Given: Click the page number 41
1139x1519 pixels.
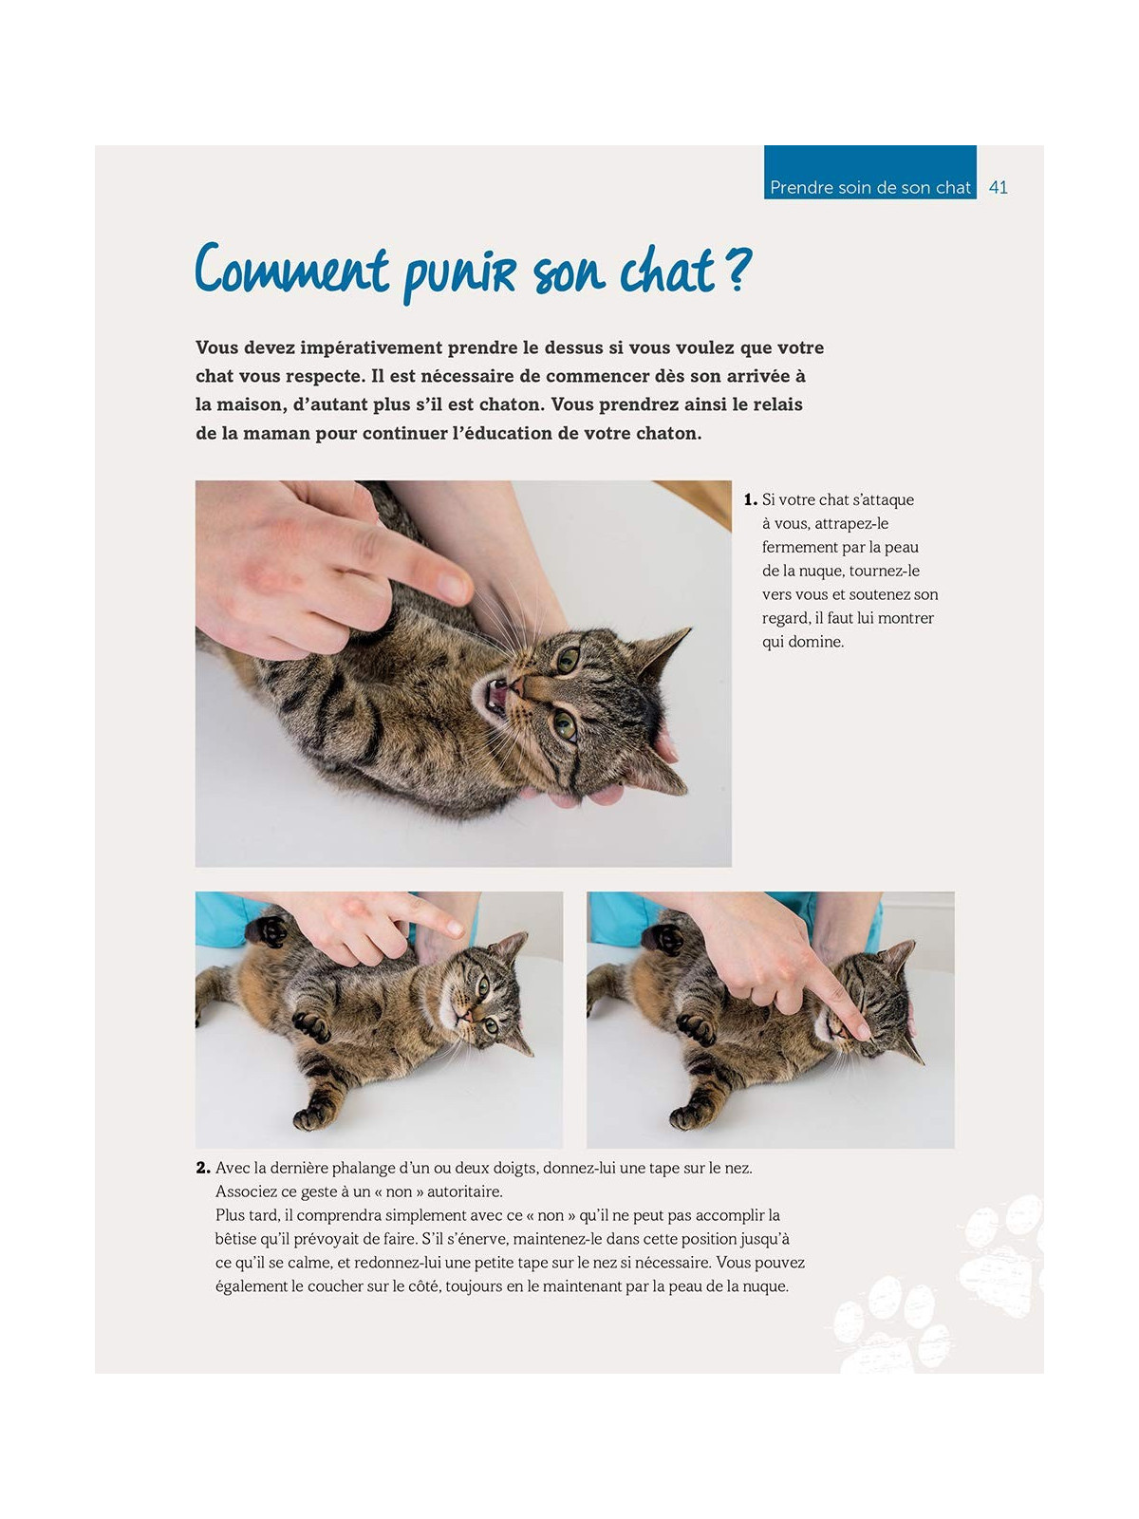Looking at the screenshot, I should click(x=998, y=187).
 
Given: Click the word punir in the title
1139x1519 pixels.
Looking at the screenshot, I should click(x=460, y=273).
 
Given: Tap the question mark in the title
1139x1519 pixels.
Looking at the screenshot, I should click(x=738, y=269).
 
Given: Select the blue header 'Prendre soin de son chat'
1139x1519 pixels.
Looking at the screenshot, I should click(x=869, y=187).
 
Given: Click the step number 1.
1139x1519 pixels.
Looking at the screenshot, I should click(x=749, y=499).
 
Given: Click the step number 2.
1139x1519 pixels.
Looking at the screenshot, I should click(x=202, y=1168).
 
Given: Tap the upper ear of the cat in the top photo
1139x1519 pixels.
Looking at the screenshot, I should click(x=664, y=648).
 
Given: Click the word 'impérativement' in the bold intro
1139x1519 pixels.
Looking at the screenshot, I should click(x=364, y=347).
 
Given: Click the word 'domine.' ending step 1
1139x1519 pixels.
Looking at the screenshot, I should click(x=815, y=642).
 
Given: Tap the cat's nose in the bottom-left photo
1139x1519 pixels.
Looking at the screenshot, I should click(x=464, y=1016).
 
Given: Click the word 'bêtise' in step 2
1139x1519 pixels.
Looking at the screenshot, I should click(x=235, y=1239).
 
